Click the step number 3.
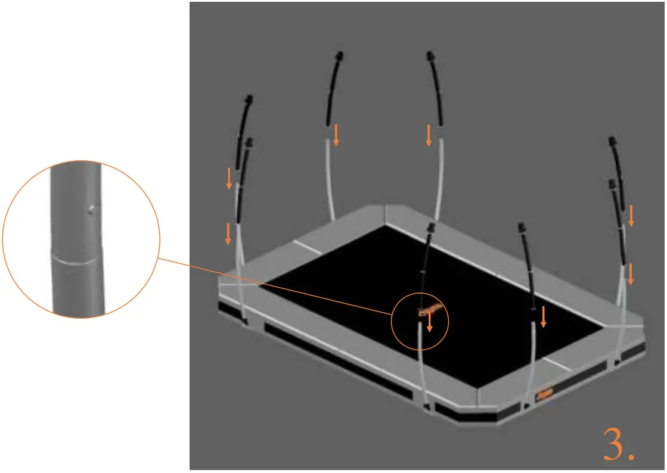tap(618, 444)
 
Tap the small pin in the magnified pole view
tap(91, 209)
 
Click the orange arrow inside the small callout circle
tap(429, 323)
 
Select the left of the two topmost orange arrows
tap(336, 135)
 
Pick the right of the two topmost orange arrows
tap(429, 135)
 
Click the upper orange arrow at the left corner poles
tap(229, 179)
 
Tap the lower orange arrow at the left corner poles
tap(228, 234)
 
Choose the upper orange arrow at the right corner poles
tap(631, 216)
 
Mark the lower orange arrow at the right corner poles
tap(631, 274)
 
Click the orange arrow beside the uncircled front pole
tap(543, 316)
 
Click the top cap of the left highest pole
tap(339, 57)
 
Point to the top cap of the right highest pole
tap(429, 57)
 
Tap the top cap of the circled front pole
tap(430, 228)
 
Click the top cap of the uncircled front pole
tap(522, 227)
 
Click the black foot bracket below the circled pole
tap(426, 407)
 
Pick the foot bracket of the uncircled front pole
tap(526, 406)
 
